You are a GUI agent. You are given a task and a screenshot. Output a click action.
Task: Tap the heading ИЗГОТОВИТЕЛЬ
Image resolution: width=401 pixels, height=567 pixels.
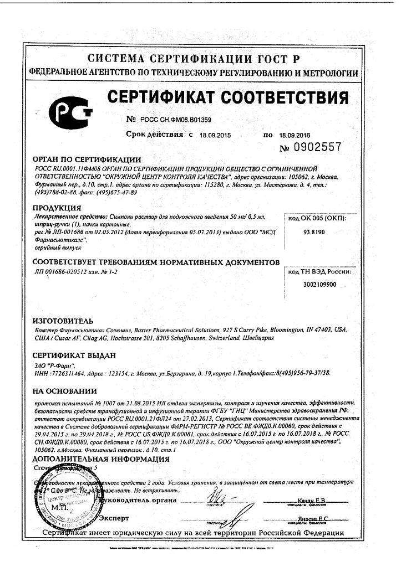(63, 321)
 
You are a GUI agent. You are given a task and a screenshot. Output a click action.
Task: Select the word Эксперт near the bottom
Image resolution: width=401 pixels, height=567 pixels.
(114, 518)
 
